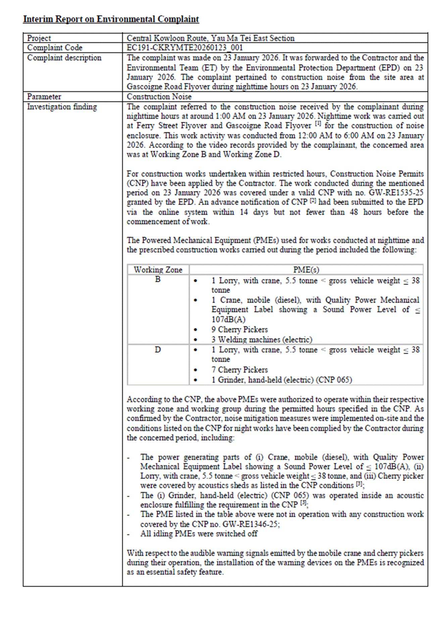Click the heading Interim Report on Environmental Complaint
click(111, 19)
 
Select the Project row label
click(39, 38)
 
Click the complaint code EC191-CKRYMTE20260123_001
click(185, 48)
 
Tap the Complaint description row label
click(64, 58)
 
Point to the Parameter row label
click(44, 97)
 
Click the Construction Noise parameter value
click(159, 97)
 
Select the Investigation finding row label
click(62, 107)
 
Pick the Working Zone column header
click(158, 270)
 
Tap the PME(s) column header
click(306, 270)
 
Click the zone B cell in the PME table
click(158, 280)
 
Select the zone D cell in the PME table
click(158, 350)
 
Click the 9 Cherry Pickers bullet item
click(239, 330)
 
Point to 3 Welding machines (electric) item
click(261, 339)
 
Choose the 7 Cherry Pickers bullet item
click(239, 370)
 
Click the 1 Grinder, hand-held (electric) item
click(282, 380)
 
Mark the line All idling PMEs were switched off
click(199, 534)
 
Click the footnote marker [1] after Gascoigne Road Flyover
click(318, 124)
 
